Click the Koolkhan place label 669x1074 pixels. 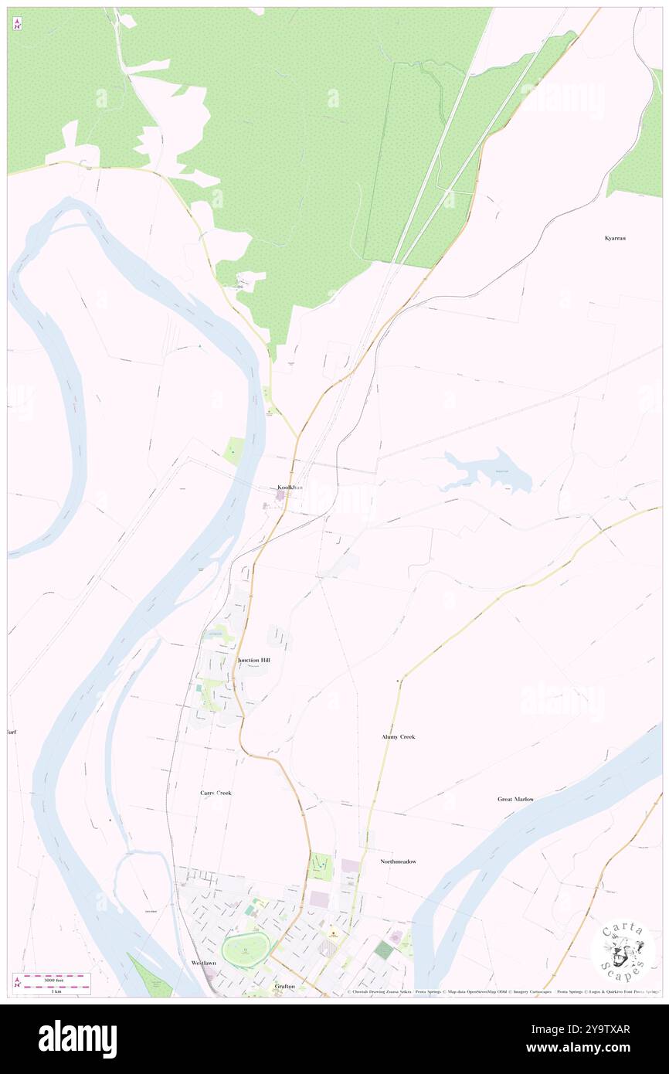click(290, 488)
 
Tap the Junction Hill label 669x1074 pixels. click(253, 661)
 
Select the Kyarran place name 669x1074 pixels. click(615, 238)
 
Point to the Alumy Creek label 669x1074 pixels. click(398, 737)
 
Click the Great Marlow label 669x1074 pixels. click(515, 799)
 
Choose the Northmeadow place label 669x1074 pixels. click(398, 861)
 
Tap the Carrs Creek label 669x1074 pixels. click(216, 794)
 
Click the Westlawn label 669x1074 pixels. click(205, 964)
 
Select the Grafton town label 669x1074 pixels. click(284, 987)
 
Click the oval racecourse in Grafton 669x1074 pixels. click(246, 946)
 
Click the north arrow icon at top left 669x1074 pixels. click(17, 25)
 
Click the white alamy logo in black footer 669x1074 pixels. click(77, 1038)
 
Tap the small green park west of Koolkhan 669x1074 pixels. click(234, 450)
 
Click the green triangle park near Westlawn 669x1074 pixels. click(151, 978)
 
